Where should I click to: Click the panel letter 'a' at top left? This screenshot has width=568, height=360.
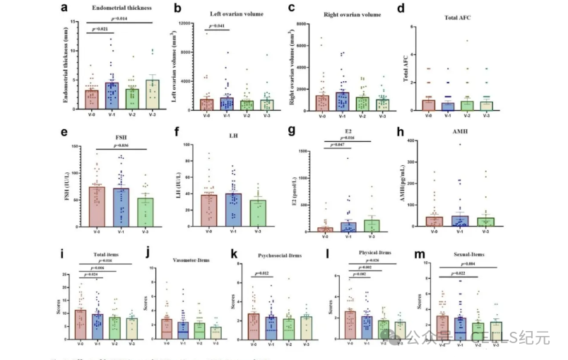[64, 8]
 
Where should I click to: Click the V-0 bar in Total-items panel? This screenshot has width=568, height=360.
[81, 325]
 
